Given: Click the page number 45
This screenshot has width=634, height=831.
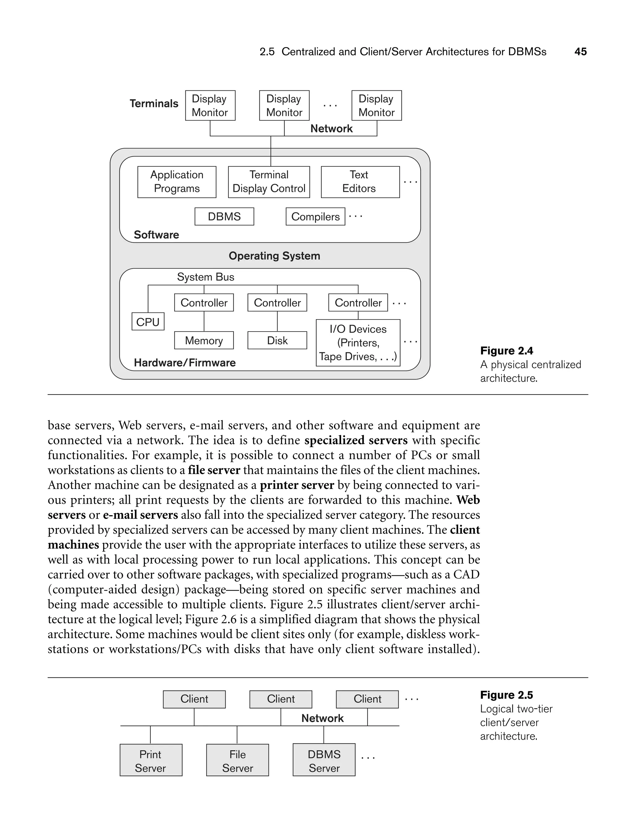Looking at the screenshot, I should [x=580, y=52].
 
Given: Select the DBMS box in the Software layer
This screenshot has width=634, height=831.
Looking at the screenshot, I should [x=224, y=217].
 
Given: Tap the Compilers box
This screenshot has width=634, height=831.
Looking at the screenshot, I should [x=315, y=217].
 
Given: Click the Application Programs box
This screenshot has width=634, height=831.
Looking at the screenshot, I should [x=177, y=182].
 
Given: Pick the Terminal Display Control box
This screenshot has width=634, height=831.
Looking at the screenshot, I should [x=269, y=182].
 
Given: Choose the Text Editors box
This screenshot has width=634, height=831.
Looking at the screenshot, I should [x=360, y=182].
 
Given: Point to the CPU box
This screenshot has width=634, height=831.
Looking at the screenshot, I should [x=148, y=322].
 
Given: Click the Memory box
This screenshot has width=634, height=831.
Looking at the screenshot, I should [x=204, y=340].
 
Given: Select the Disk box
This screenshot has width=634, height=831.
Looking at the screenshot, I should [x=277, y=340].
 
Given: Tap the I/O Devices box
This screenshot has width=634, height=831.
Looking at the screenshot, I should [x=358, y=343].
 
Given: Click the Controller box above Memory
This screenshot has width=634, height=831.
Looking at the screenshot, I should [x=204, y=303].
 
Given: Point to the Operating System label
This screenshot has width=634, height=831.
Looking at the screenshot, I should [x=274, y=256].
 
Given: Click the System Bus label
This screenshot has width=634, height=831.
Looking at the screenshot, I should [x=206, y=277].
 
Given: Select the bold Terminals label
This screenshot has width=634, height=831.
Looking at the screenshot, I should [x=154, y=103].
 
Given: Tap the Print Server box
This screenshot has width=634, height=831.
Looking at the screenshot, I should [x=150, y=760].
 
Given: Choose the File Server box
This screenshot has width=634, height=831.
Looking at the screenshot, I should [x=237, y=760].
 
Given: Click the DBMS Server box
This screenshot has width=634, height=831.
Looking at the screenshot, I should [x=324, y=760].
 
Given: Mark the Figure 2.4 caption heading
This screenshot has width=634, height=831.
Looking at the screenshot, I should [x=506, y=351].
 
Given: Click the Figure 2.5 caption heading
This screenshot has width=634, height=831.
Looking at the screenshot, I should [x=506, y=695].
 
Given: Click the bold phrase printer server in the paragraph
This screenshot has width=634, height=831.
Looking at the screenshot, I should [x=297, y=485].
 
